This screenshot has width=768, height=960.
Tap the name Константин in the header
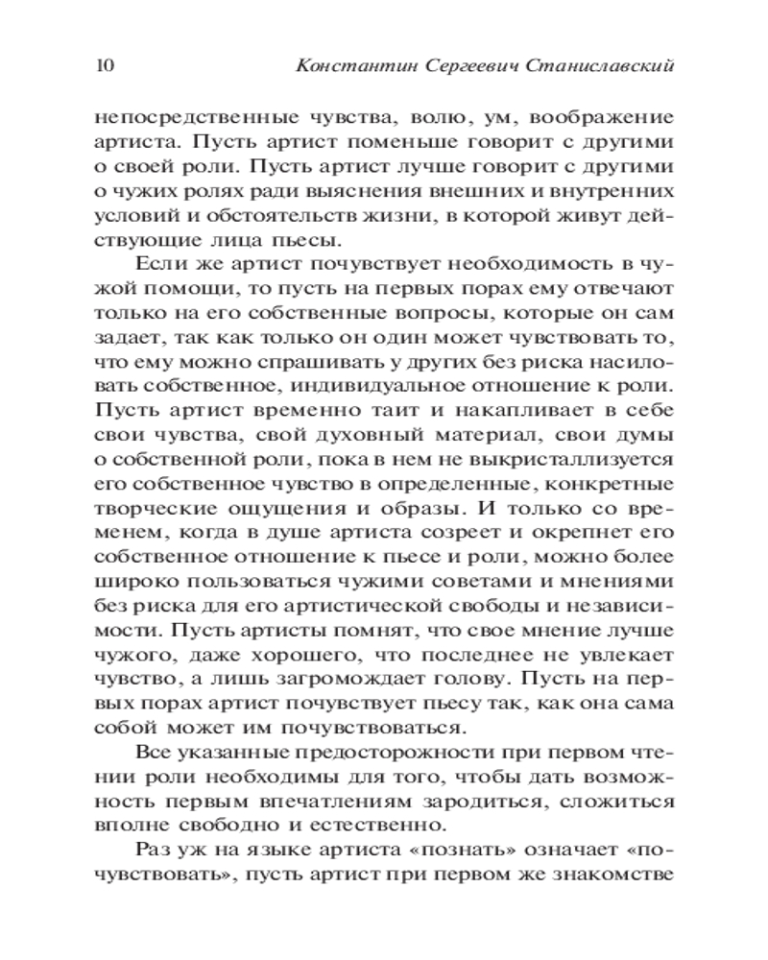pyautogui.click(x=349, y=66)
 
